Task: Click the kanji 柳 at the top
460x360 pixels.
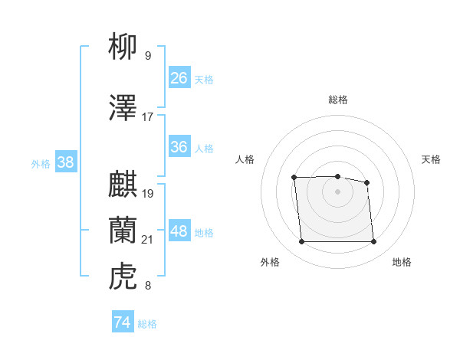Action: tap(123, 47)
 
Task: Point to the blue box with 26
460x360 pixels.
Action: tap(179, 77)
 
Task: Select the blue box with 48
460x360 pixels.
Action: tap(179, 231)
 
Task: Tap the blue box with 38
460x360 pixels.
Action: tap(66, 162)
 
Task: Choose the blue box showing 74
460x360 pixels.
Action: tap(122, 322)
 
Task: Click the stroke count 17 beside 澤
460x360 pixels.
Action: tap(148, 117)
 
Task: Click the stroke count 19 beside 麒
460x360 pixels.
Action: tap(148, 194)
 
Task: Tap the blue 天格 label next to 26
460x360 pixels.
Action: tap(204, 79)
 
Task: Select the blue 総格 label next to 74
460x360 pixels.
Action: tap(147, 324)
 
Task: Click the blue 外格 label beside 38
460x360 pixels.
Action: tap(41, 163)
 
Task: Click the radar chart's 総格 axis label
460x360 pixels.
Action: tap(337, 100)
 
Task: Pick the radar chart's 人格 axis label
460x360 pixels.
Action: tap(245, 159)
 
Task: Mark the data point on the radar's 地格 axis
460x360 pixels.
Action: tap(373, 242)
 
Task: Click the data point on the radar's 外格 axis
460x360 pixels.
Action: tap(301, 242)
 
